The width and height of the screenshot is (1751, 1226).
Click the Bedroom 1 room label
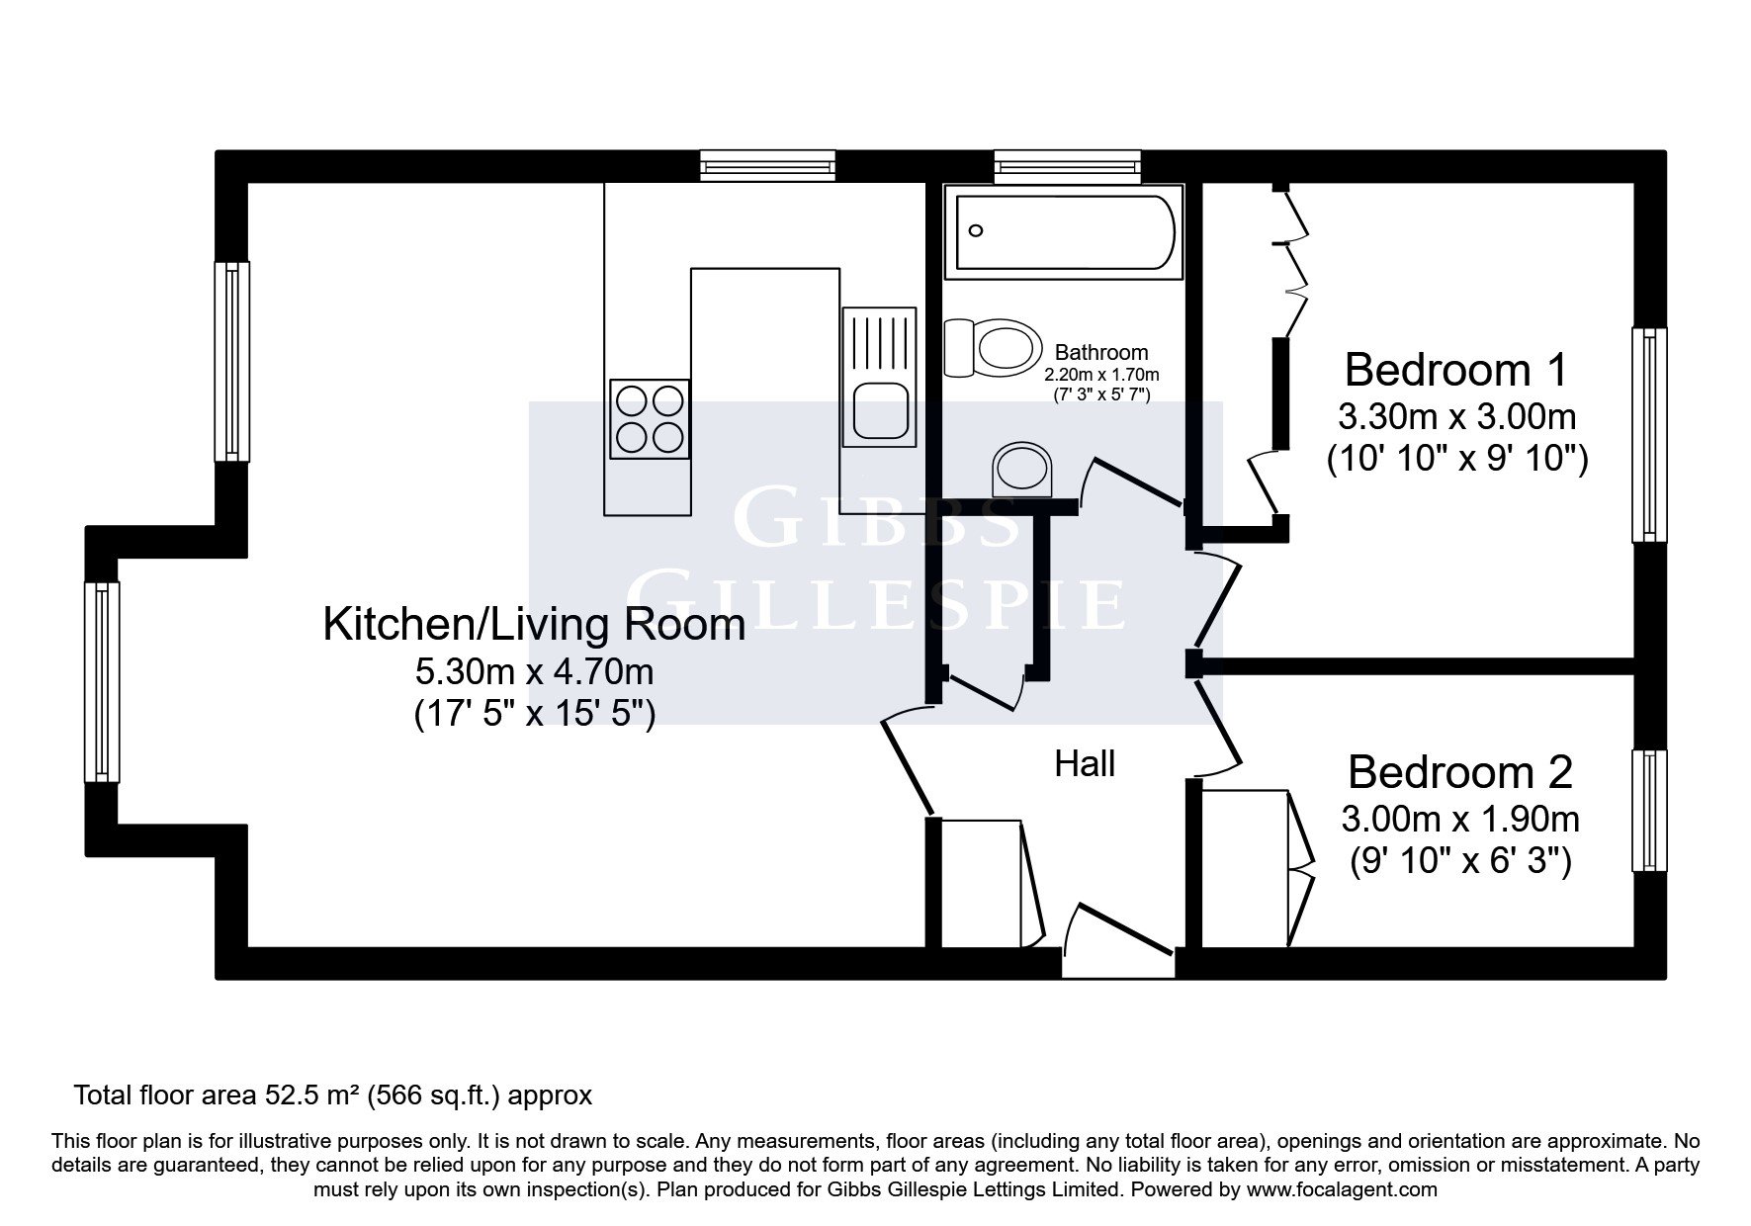(1455, 370)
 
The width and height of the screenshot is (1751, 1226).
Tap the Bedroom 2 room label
(1459, 772)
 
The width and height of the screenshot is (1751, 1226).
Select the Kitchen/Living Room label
(534, 625)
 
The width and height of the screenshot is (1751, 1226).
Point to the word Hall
(1085, 763)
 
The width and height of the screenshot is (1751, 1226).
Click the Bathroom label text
(1101, 352)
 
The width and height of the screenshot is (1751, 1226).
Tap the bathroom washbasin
(1023, 470)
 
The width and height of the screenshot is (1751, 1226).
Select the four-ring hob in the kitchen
(650, 419)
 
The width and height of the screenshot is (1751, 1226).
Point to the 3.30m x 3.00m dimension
(1456, 417)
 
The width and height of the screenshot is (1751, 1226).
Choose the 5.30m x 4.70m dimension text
(534, 672)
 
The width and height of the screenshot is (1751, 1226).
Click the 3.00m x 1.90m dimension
(1459, 820)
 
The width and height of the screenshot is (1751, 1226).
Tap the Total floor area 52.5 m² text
(333, 1095)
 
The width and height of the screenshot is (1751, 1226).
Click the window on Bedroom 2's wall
(1648, 811)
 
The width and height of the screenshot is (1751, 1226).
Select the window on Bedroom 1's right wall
(1648, 435)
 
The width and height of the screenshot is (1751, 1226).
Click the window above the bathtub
(1067, 166)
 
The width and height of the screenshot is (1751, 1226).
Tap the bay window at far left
(102, 682)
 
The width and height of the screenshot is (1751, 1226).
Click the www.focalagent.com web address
(1342, 1190)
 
